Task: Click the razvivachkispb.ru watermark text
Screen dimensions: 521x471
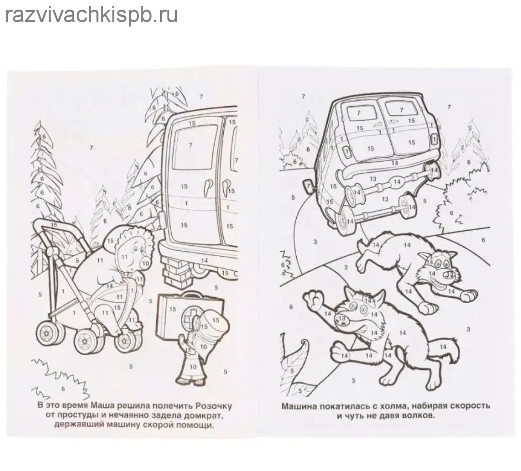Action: (92, 15)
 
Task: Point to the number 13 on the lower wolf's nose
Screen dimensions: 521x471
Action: (342, 319)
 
